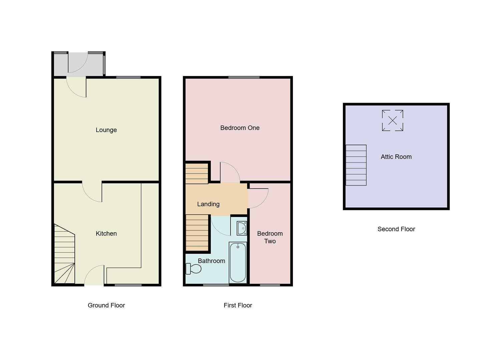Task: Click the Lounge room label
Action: pyautogui.click(x=106, y=130)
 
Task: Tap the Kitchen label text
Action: pyautogui.click(x=106, y=234)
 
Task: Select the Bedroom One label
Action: pyautogui.click(x=240, y=128)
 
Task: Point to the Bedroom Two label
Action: pyautogui.click(x=270, y=237)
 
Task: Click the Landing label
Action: pyautogui.click(x=208, y=204)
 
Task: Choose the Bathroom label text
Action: pyautogui.click(x=211, y=261)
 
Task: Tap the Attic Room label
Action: pyautogui.click(x=396, y=157)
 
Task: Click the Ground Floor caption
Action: pyautogui.click(x=106, y=305)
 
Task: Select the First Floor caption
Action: pyautogui.click(x=238, y=305)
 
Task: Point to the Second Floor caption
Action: pyautogui.click(x=396, y=229)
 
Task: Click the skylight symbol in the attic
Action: pyautogui.click(x=393, y=120)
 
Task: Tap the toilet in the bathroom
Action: pyautogui.click(x=193, y=268)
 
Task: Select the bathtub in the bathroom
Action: pyautogui.click(x=238, y=263)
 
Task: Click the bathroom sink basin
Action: pyautogui.click(x=241, y=228)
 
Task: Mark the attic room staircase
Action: pyautogui.click(x=356, y=165)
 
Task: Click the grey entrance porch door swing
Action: pyautogui.click(x=78, y=63)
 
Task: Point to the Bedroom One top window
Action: pyautogui.click(x=244, y=77)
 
